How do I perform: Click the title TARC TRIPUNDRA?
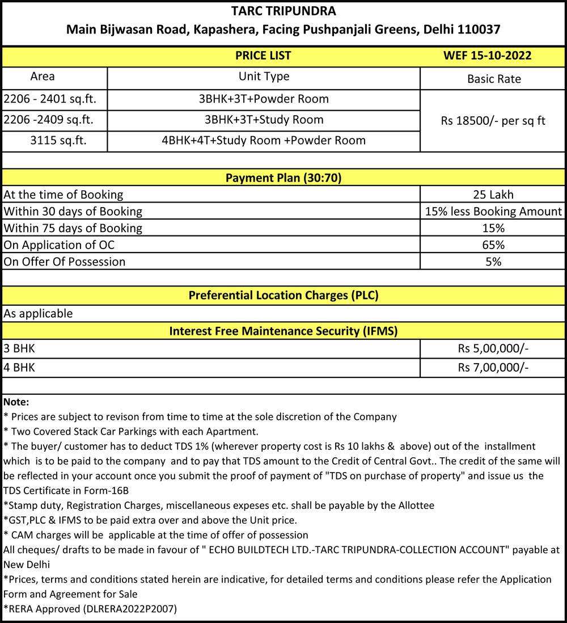[x=283, y=11]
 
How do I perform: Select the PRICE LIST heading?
[x=263, y=55]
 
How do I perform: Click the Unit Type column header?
[x=264, y=76]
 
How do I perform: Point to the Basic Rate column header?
[x=493, y=79]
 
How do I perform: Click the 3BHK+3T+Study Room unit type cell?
[x=264, y=120]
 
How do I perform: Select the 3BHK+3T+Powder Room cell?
[x=264, y=99]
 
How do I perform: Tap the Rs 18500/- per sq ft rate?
[x=493, y=120]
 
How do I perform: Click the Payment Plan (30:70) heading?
[x=283, y=178]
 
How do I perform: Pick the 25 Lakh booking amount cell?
[x=493, y=195]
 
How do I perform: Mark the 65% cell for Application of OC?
[x=493, y=245]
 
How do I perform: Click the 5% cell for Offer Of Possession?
[x=493, y=262]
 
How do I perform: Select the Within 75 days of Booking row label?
[x=73, y=228]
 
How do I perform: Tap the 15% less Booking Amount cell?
[x=493, y=212]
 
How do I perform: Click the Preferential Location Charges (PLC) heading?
[x=283, y=295]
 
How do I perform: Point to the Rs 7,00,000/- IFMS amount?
[x=493, y=368]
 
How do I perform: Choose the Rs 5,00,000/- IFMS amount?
[x=493, y=348]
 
